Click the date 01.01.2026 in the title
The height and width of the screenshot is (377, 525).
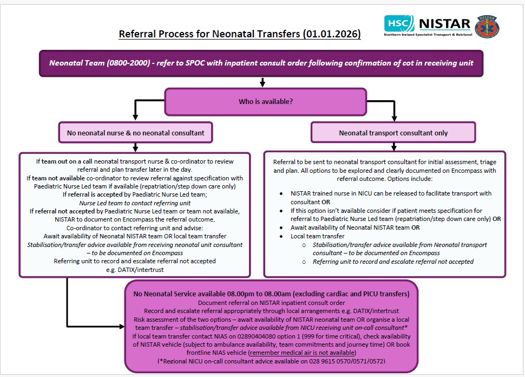pyautogui.click(x=331, y=35)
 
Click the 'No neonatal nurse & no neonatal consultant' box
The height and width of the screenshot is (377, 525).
pyautogui.click(x=135, y=132)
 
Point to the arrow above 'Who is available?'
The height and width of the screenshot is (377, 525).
pyautogui.click(x=262, y=82)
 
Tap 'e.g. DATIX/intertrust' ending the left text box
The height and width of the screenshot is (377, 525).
pyautogui.click(x=135, y=269)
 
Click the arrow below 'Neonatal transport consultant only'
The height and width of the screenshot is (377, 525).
pyautogui.click(x=393, y=146)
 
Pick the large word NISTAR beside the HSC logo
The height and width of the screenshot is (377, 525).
pyautogui.click(x=445, y=23)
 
